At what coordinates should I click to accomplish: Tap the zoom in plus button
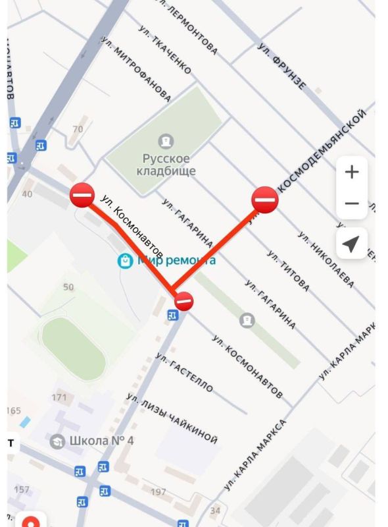click(352, 173)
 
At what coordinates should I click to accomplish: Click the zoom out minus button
click(352, 204)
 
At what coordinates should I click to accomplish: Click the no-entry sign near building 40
click(82, 195)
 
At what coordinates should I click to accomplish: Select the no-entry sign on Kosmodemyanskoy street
click(265, 198)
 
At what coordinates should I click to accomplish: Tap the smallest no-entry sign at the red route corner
click(185, 301)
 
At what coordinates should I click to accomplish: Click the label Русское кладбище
click(166, 165)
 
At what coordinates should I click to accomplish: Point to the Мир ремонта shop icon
click(125, 261)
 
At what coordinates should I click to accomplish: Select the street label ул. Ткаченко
click(165, 50)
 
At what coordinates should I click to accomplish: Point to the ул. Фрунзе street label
click(282, 67)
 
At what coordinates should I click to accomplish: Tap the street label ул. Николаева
click(326, 260)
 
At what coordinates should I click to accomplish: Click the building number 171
click(59, 397)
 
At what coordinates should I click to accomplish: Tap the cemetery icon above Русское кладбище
click(166, 140)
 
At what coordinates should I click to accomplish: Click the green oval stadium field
click(73, 348)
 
